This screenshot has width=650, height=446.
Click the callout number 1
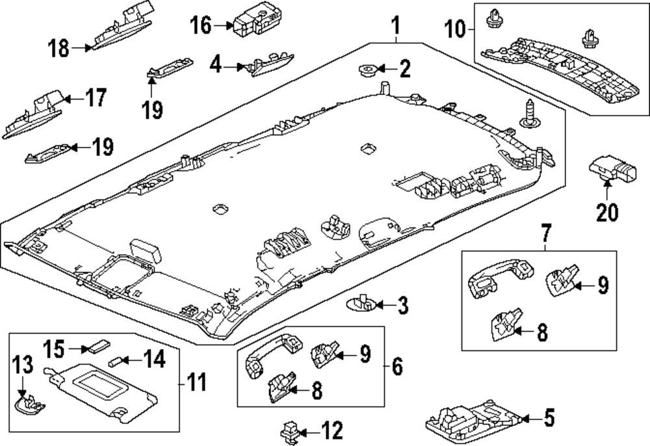point(396,25)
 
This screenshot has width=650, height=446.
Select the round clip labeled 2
point(367,71)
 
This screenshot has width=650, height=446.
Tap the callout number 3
point(402,306)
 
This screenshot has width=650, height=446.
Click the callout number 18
point(59,48)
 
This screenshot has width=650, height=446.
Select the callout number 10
point(455,29)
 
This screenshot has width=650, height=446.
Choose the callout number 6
point(396,367)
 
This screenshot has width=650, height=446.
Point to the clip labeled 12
point(290,432)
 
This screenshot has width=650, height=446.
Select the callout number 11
point(196,382)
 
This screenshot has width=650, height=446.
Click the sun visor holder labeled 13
point(31,404)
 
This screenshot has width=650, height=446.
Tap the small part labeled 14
point(114,361)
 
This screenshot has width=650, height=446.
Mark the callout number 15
point(55,349)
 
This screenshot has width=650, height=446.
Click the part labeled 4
point(270,64)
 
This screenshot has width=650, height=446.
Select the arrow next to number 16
point(224,26)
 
